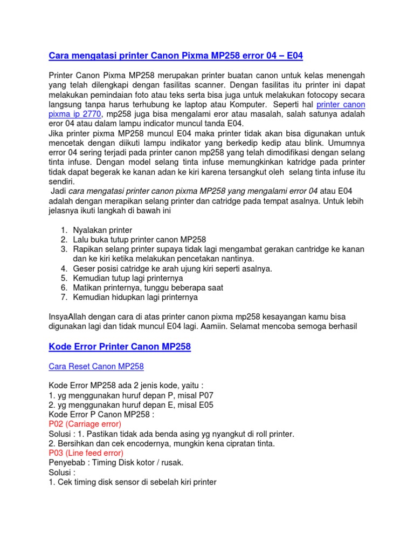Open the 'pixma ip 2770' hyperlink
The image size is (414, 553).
(75, 114)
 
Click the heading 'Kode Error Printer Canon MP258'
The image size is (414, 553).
(120, 347)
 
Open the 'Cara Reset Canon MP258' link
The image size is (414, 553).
(96, 367)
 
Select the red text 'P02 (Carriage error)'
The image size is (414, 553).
(85, 424)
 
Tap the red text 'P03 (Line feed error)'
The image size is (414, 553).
(86, 453)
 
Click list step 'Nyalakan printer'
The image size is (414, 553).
(102, 230)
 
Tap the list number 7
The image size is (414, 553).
(63, 297)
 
